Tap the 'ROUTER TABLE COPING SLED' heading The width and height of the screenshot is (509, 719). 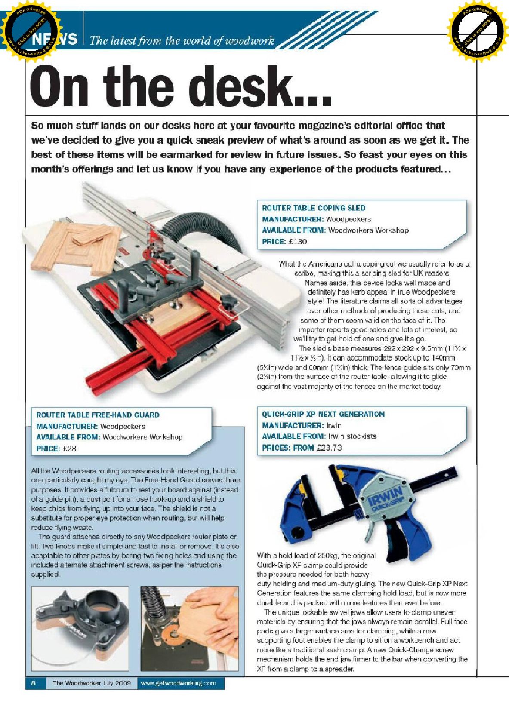pyautogui.click(x=314, y=208)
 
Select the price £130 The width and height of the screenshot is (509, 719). pyautogui.click(x=298, y=241)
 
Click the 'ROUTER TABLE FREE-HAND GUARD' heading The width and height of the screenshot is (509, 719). pyautogui.click(x=98, y=415)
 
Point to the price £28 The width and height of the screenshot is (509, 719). pyautogui.click(x=69, y=448)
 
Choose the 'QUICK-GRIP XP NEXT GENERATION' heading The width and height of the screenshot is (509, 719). pyautogui.click(x=323, y=414)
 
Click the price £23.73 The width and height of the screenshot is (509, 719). pyautogui.click(x=329, y=448)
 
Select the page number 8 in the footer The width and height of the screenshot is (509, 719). pyautogui.click(x=33, y=683)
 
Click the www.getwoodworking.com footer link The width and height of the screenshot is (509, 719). pyautogui.click(x=178, y=683)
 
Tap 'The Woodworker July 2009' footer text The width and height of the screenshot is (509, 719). pyautogui.click(x=91, y=683)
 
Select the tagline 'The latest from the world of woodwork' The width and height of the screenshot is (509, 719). pyautogui.click(x=182, y=41)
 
